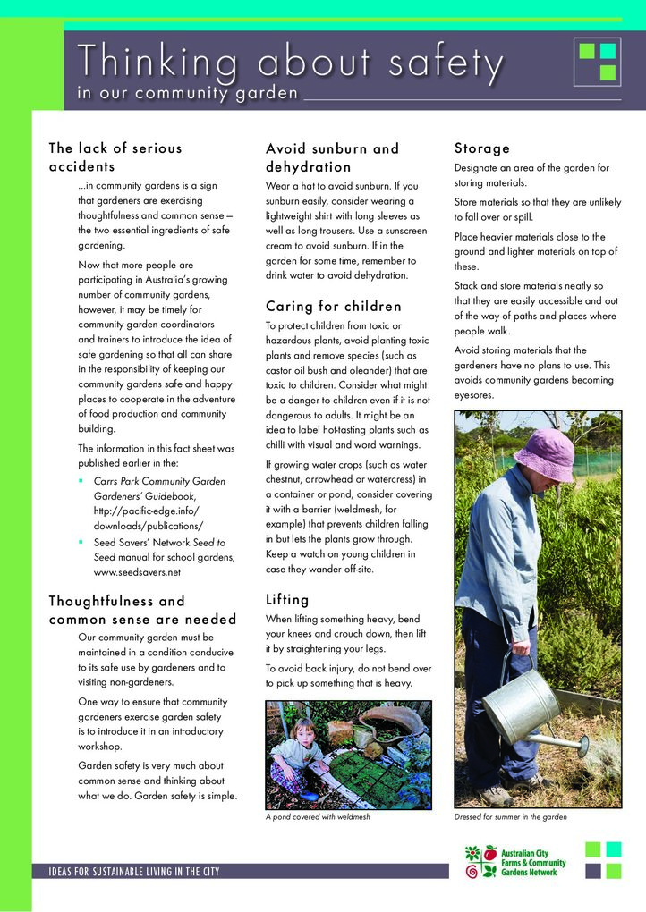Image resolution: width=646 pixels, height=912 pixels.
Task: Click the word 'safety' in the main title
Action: pos(446,63)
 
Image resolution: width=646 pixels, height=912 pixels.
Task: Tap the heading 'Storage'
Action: pos(481,148)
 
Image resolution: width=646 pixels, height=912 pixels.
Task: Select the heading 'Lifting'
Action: pos(287,599)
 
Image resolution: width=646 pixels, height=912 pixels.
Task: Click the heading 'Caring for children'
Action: pos(333,307)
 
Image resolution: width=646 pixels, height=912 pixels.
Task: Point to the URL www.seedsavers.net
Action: pos(137,572)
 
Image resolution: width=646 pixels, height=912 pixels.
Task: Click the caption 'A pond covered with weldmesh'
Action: pos(318,817)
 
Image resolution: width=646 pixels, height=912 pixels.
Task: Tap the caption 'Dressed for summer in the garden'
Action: pos(510,817)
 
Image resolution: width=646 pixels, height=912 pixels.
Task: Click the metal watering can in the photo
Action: pos(523,706)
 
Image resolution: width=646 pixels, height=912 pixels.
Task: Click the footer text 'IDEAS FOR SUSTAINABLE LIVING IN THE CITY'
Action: pos(127,872)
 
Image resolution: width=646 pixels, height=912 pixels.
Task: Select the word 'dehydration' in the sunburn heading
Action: pos(308,167)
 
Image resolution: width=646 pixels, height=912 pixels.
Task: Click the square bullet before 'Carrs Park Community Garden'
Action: pos(81,481)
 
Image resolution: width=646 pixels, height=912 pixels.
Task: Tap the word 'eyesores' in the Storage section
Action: pos(473,394)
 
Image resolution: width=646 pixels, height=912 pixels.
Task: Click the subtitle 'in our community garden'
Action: pos(187,94)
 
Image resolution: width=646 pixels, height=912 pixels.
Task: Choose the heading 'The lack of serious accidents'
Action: pos(115,157)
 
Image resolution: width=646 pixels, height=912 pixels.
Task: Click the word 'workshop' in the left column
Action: pos(99,747)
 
